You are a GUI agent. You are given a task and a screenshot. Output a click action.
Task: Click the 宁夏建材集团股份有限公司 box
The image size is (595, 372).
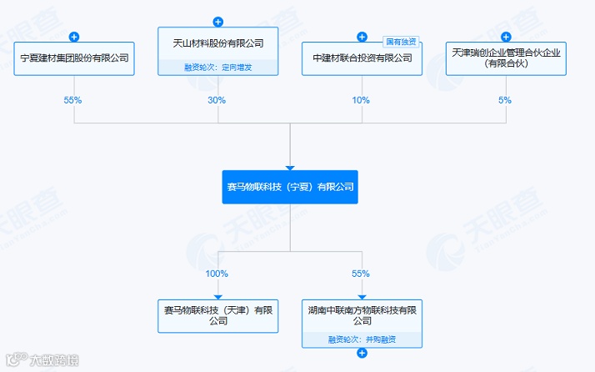(74, 59)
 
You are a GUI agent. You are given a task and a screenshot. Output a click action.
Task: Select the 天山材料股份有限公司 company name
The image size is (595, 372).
(217, 43)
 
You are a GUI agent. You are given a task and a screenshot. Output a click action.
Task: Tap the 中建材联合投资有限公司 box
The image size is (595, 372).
(362, 59)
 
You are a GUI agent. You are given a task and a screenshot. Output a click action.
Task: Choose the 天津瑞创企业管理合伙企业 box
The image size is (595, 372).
(506, 59)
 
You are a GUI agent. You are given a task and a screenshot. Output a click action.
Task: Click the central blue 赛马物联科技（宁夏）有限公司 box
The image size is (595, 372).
(290, 188)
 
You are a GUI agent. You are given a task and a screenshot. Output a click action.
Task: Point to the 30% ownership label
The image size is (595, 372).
(217, 100)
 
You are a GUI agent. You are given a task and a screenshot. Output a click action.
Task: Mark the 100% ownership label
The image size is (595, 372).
(217, 274)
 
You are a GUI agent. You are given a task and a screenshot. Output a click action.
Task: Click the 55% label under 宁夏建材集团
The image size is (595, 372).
(74, 100)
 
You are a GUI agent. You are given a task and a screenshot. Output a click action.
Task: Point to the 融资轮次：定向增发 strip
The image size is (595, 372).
(217, 68)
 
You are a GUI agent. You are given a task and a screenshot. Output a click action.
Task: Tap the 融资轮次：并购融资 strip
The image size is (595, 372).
(362, 339)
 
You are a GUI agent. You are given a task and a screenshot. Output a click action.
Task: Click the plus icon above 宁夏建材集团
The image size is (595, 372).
(74, 37)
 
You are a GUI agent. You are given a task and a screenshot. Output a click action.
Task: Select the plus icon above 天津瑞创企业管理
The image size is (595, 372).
(506, 37)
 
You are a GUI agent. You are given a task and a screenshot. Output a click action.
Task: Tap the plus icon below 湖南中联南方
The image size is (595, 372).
(362, 354)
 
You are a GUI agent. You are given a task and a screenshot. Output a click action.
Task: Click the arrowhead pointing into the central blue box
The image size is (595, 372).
(290, 167)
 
